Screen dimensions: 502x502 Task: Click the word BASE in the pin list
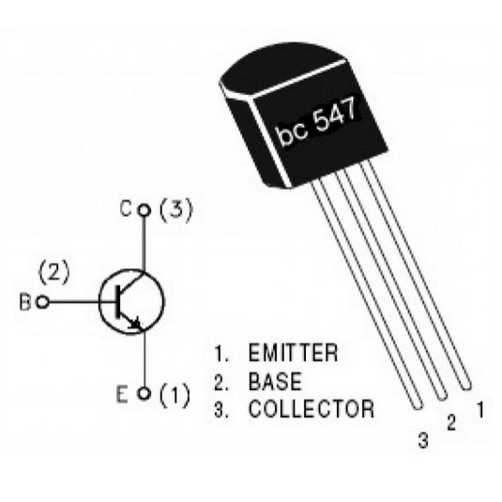[x=274, y=381]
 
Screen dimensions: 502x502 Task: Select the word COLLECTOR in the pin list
[x=311, y=409]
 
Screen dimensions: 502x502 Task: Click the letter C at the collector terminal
[x=125, y=209]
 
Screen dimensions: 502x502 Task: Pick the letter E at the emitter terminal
[x=122, y=394]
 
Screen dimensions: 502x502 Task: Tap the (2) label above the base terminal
[x=54, y=272]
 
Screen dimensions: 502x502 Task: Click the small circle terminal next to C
[x=144, y=210]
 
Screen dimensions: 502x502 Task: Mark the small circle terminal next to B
[x=42, y=302]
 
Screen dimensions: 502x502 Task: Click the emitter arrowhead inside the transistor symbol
[x=135, y=323]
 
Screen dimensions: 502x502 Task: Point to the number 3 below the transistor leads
[x=423, y=440]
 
